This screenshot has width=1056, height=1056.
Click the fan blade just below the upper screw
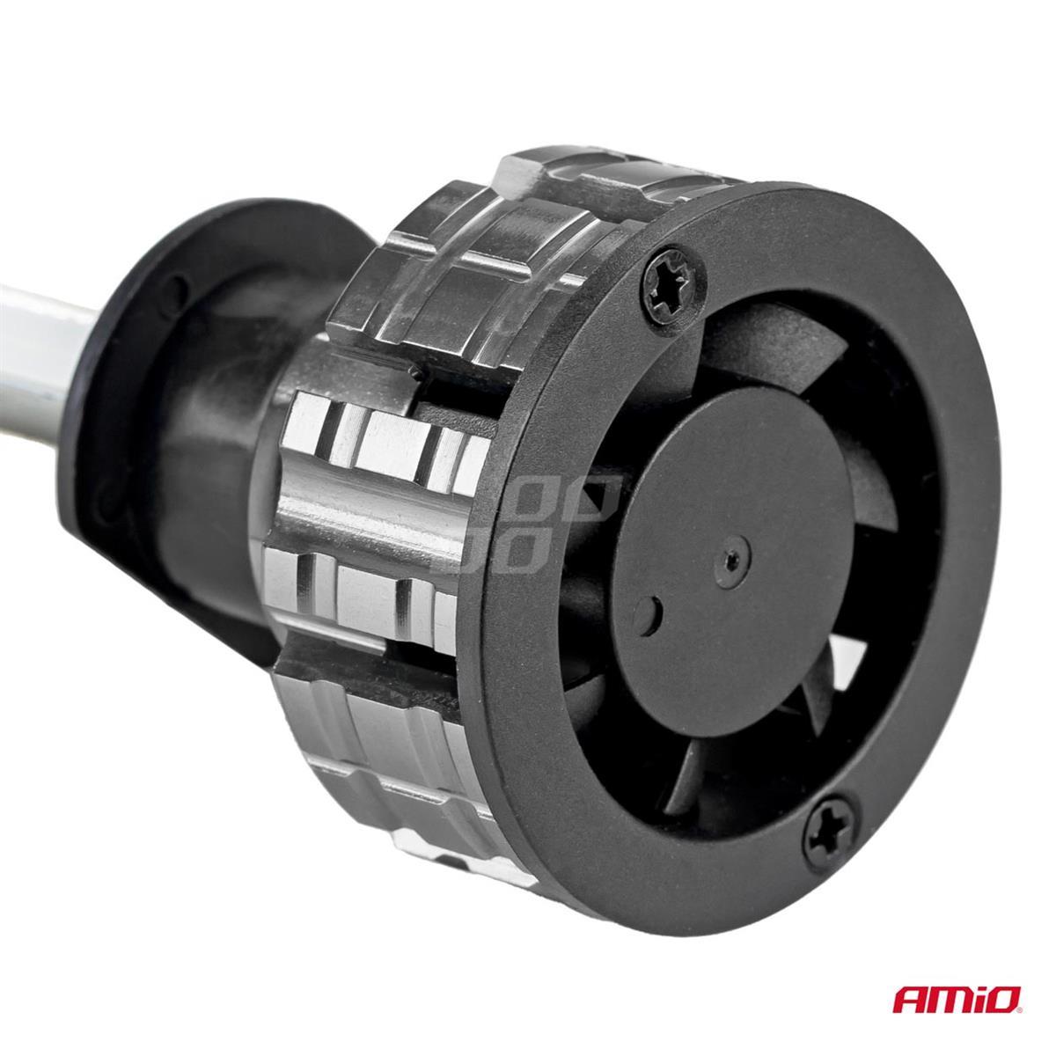tap(748, 352)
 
